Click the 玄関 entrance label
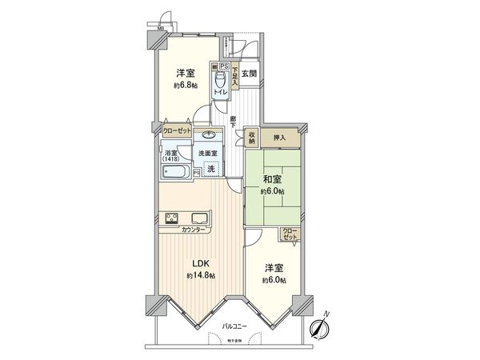click(x=249, y=74)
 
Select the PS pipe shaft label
click(x=225, y=66)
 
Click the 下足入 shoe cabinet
click(x=235, y=75)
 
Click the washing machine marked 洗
click(x=210, y=169)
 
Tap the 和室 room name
click(x=270, y=180)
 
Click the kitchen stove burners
click(x=171, y=218)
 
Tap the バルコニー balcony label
click(x=236, y=327)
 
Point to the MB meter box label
click(x=161, y=30)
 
